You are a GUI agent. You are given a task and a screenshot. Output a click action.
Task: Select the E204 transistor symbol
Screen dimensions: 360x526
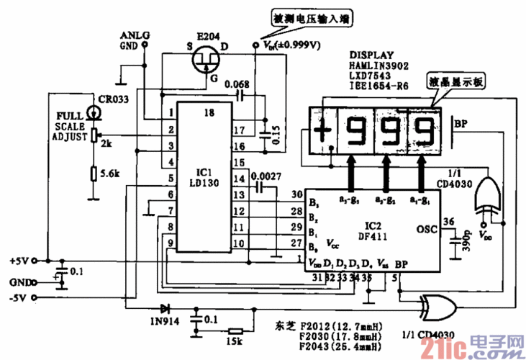(207, 60)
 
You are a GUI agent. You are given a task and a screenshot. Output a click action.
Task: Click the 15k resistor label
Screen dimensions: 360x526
(235, 340)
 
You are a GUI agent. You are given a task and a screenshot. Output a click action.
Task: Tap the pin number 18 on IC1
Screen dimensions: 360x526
(208, 112)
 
